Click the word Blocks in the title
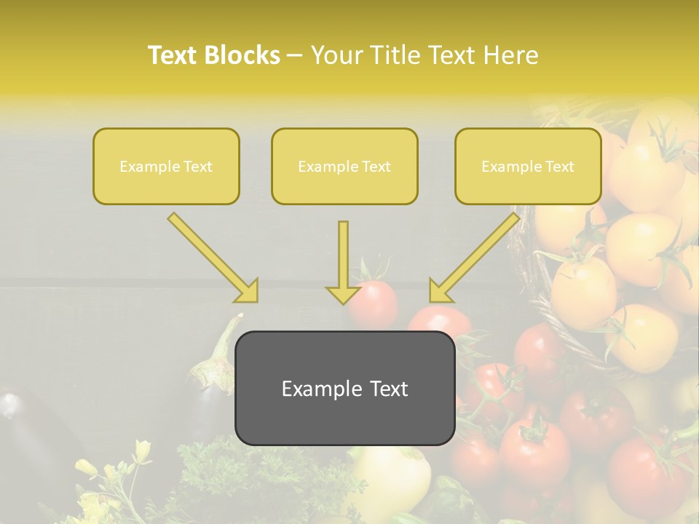[244, 55]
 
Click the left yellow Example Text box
[166, 166]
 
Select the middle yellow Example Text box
[344, 166]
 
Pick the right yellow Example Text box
[528, 166]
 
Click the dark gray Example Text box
[344, 389]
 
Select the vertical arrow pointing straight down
[343, 262]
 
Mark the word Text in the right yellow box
[559, 167]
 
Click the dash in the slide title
[296, 56]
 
